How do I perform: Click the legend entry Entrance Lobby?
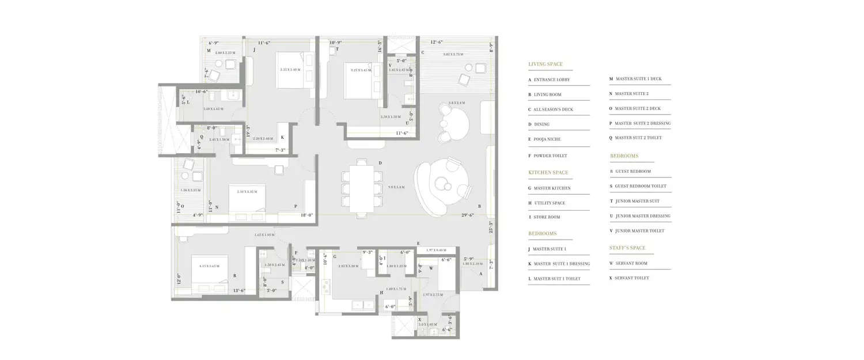(551, 80)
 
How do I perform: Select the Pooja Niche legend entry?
(547, 139)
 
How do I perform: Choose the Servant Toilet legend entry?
(632, 278)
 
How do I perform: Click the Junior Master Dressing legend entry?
(643, 216)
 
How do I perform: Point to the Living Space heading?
(545, 65)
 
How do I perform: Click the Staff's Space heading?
(627, 248)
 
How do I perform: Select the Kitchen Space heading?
(548, 173)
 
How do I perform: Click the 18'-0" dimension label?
(306, 215)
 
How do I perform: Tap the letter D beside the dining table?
(380, 163)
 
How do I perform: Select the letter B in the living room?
(480, 206)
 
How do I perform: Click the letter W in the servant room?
(431, 268)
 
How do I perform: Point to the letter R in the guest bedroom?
(234, 276)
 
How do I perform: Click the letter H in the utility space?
(381, 293)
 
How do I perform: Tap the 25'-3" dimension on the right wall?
(490, 227)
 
